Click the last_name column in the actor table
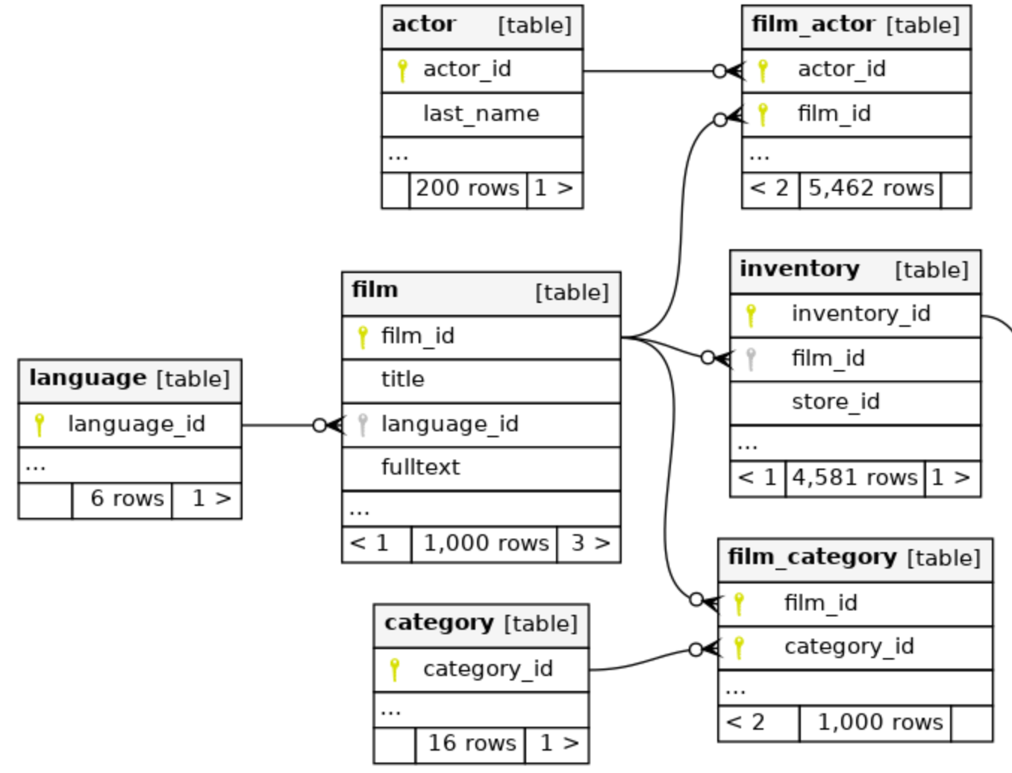click(x=481, y=114)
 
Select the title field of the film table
click(x=403, y=379)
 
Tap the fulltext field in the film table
click(x=420, y=467)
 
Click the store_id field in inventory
click(x=836, y=401)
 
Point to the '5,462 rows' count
click(x=871, y=189)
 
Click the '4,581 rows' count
click(x=855, y=478)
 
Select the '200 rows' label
click(x=467, y=189)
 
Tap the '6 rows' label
click(x=127, y=498)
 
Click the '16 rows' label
click(x=472, y=743)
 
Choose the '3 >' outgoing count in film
click(x=590, y=543)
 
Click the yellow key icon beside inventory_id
click(x=751, y=316)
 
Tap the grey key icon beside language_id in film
click(x=363, y=425)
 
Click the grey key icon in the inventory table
click(x=751, y=360)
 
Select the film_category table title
click(x=813, y=558)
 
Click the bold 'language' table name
click(x=87, y=379)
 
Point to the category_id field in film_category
click(x=849, y=647)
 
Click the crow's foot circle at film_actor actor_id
click(x=719, y=71)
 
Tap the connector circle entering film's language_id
click(x=319, y=425)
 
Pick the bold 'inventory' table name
click(x=799, y=269)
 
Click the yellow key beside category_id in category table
click(x=394, y=670)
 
